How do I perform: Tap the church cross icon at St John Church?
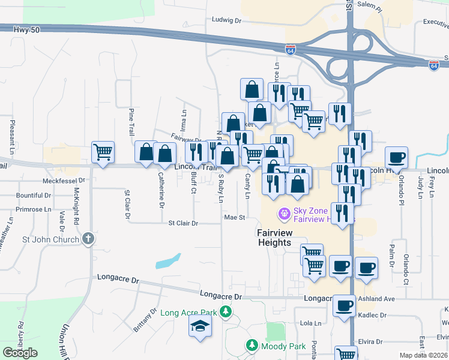pyautogui.click(x=88, y=239)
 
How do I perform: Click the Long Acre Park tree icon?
pyautogui.click(x=225, y=311)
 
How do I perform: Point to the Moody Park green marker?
pyautogui.click(x=252, y=346)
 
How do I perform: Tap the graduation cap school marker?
pyautogui.click(x=200, y=327)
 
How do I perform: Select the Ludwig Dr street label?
pyautogui.click(x=226, y=20)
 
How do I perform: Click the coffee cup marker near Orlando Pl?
pyautogui.click(x=397, y=158)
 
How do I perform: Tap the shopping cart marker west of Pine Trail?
pyautogui.click(x=103, y=152)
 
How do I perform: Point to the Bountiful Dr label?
pyautogui.click(x=34, y=195)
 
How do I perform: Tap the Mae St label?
pyautogui.click(x=235, y=217)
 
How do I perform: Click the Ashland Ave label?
pyautogui.click(x=376, y=298)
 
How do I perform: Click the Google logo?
pyautogui.click(x=20, y=352)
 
